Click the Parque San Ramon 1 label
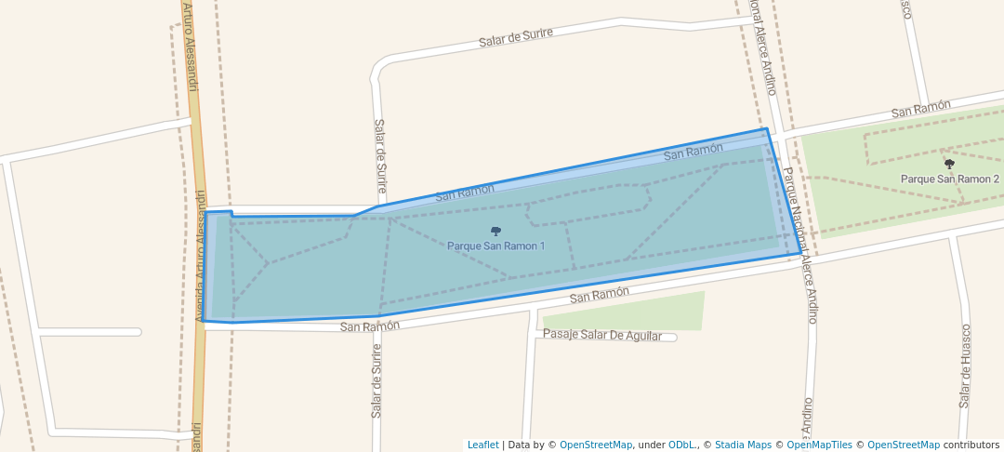[x=495, y=246]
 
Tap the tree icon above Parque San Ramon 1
[x=495, y=231]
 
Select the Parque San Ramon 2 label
[x=949, y=179]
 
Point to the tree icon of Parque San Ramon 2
[x=949, y=164]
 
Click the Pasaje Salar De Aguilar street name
[x=602, y=335]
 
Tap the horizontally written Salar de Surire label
[x=516, y=37]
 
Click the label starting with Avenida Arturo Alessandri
[x=200, y=256]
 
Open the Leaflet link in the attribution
[x=482, y=445]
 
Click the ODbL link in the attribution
[x=682, y=445]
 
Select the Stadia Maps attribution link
[x=743, y=445]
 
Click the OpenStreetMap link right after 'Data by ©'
[x=595, y=445]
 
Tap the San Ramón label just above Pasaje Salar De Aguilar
[x=600, y=294]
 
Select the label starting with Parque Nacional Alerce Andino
[x=799, y=245]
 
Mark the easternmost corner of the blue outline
[x=801, y=253]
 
